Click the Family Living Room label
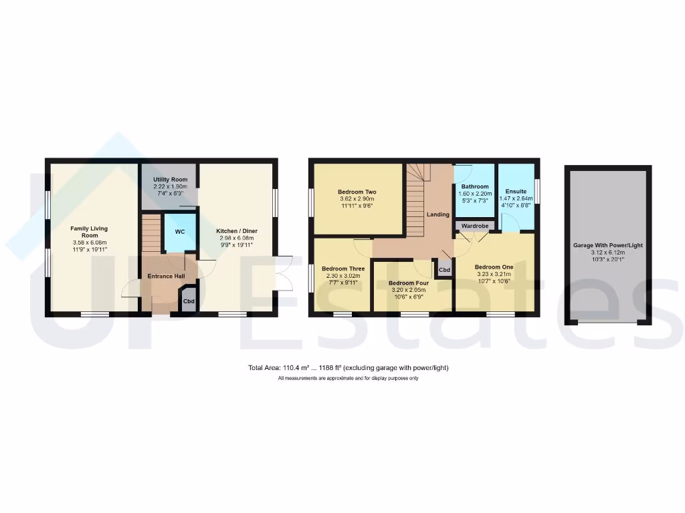click(x=89, y=232)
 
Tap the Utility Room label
click(x=169, y=180)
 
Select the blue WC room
click(x=180, y=232)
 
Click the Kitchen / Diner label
click(x=236, y=231)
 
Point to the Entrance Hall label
click(x=166, y=275)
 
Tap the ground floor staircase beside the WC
click(x=151, y=233)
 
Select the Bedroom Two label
click(x=357, y=192)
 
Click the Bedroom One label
click(x=494, y=267)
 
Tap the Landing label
click(x=438, y=214)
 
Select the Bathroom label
click(x=474, y=186)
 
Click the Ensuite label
click(x=516, y=191)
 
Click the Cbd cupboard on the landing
click(x=444, y=270)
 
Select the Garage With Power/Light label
click(x=607, y=245)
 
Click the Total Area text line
click(x=348, y=368)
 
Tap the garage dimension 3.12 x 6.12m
click(x=607, y=252)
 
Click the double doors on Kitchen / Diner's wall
click(x=284, y=274)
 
